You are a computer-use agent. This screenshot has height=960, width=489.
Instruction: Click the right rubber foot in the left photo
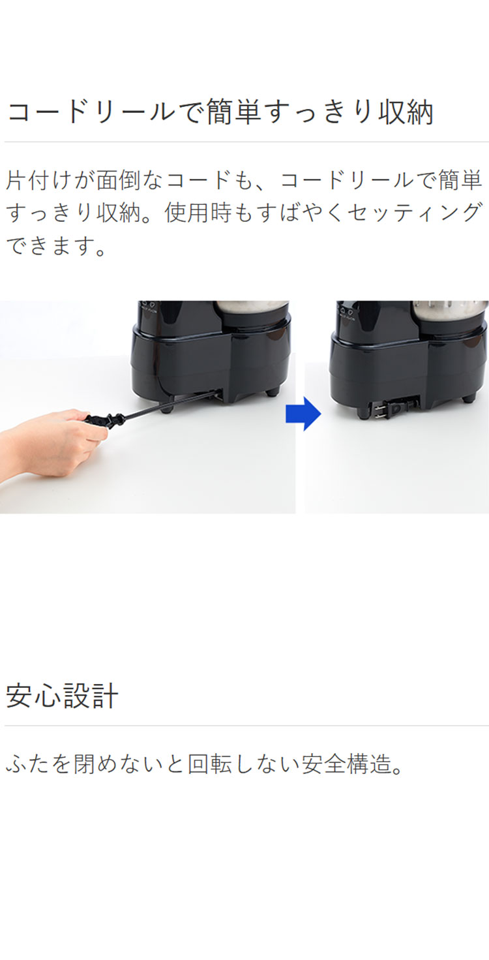[x=271, y=392]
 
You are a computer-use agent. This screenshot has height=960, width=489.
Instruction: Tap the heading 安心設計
[x=62, y=696]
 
